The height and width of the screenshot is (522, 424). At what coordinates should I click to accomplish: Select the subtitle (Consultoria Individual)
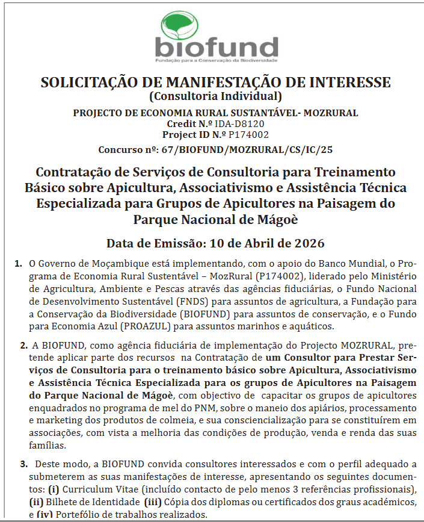tap(215, 96)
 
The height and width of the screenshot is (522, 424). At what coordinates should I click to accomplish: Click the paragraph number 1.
tap(19, 264)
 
